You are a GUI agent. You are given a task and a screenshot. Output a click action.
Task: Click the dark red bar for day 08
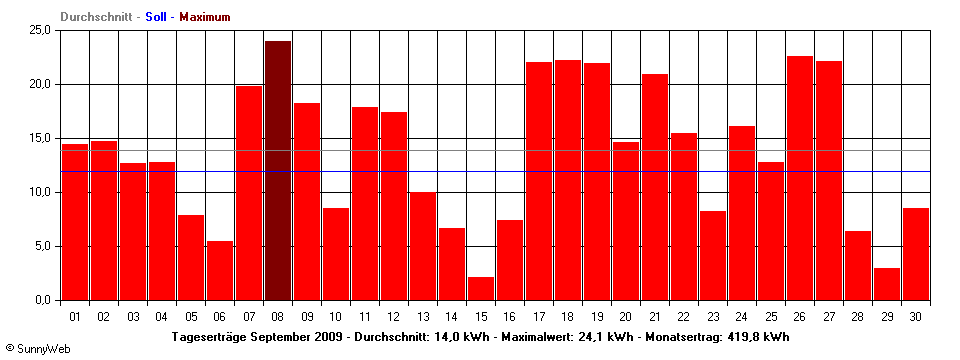point(278,170)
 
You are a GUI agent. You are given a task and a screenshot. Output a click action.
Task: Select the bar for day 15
point(481,288)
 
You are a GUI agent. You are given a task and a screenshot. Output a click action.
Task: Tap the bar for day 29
point(887,284)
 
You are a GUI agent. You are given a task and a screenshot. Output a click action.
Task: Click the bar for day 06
point(220,270)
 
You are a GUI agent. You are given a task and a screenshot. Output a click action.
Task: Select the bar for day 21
point(655,187)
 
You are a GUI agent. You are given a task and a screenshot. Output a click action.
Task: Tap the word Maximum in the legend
point(205,17)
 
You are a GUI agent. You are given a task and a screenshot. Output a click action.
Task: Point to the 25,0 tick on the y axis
point(40,30)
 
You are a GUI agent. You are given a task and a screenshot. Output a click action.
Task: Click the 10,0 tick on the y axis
point(40,192)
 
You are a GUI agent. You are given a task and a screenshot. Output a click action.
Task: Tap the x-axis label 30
point(916,316)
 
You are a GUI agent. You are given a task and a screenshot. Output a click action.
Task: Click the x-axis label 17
point(539,316)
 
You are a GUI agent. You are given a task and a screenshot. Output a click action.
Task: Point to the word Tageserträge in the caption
point(208,337)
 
